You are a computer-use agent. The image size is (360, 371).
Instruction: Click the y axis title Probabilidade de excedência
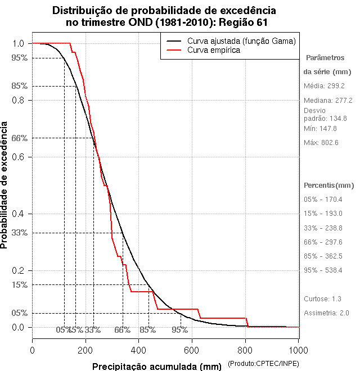pos(6,185)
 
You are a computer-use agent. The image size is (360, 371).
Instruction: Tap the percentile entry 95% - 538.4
pos(323,270)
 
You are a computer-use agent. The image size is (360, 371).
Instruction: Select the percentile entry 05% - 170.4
pos(323,200)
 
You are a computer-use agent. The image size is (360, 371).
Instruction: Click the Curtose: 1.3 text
pos(322,299)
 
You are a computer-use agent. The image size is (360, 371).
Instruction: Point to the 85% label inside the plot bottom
pos(147,330)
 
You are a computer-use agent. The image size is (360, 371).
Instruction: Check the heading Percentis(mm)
pos(329,185)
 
